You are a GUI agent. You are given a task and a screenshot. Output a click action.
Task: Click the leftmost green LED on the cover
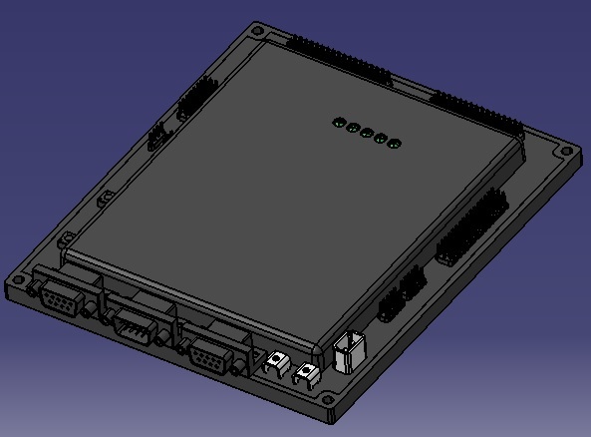click(x=338, y=124)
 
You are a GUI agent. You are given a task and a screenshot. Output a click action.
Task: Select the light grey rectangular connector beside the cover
click(x=349, y=351)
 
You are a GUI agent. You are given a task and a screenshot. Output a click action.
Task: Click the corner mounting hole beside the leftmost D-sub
click(x=18, y=282)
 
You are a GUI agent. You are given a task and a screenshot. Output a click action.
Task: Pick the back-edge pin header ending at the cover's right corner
click(x=476, y=112)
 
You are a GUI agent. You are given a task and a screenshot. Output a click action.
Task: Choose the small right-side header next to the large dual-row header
click(x=412, y=280)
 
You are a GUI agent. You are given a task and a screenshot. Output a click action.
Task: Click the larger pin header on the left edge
click(x=195, y=97)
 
